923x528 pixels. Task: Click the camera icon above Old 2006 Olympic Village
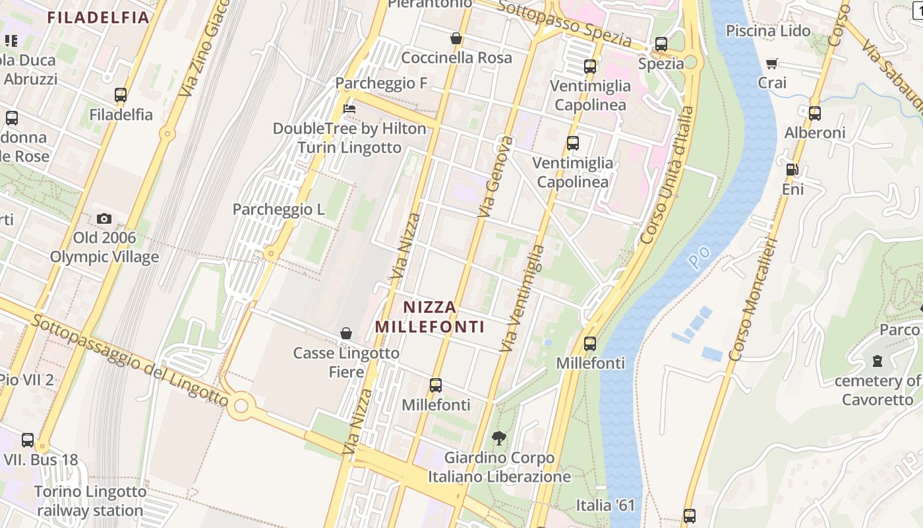click(104, 218)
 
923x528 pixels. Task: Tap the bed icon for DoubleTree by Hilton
click(349, 108)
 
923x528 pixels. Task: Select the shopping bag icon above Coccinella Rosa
click(456, 38)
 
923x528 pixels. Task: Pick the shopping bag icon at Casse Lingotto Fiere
click(346, 333)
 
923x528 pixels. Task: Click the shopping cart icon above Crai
click(772, 63)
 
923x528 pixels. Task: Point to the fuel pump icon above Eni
click(792, 170)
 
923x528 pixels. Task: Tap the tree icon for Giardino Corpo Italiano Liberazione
click(499, 438)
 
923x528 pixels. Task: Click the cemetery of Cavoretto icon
click(878, 361)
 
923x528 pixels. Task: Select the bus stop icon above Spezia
click(661, 44)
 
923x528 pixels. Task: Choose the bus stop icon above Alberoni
click(815, 113)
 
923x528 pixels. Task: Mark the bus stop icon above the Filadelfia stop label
click(121, 94)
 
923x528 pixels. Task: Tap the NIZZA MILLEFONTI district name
click(430, 317)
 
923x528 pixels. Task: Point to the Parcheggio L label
click(278, 210)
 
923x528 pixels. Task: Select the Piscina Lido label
click(768, 31)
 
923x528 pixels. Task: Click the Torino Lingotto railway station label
click(90, 501)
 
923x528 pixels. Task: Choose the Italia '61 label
click(605, 506)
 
